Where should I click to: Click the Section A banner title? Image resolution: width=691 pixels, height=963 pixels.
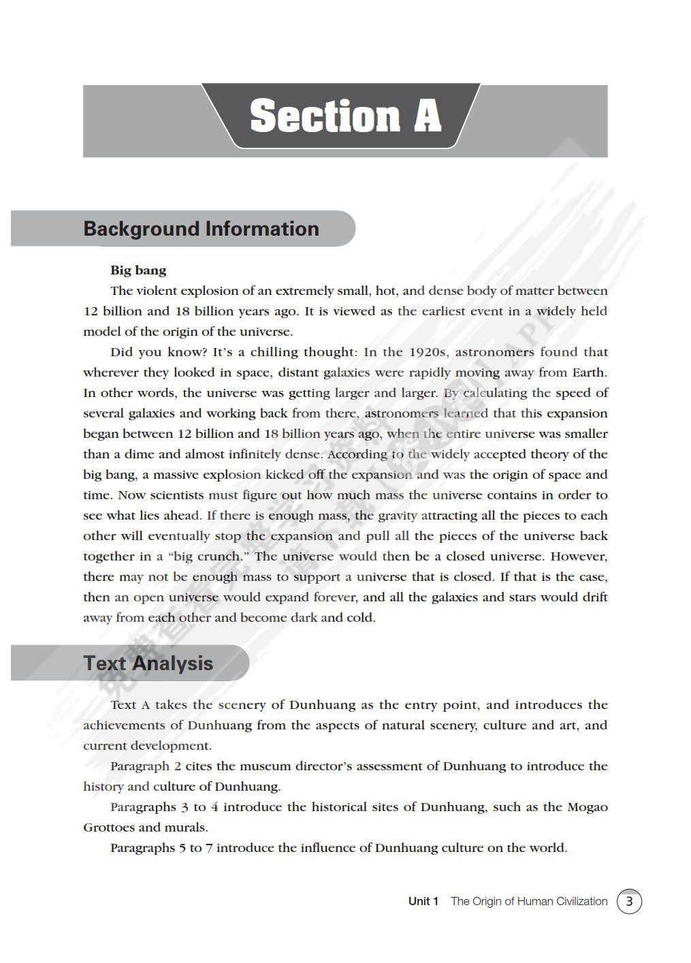(345, 116)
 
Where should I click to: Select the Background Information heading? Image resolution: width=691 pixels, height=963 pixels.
(201, 229)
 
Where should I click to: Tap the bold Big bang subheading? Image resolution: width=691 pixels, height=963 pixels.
(138, 270)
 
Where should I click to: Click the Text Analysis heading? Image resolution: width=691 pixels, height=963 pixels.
(148, 663)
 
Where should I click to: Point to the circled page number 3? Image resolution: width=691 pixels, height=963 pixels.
(629, 902)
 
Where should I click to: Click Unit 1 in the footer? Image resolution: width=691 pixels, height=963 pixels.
(423, 902)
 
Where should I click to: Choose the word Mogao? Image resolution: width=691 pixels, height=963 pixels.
(587, 807)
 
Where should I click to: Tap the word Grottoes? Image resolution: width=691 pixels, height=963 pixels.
(109, 827)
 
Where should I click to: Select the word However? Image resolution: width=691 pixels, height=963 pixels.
(579, 556)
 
